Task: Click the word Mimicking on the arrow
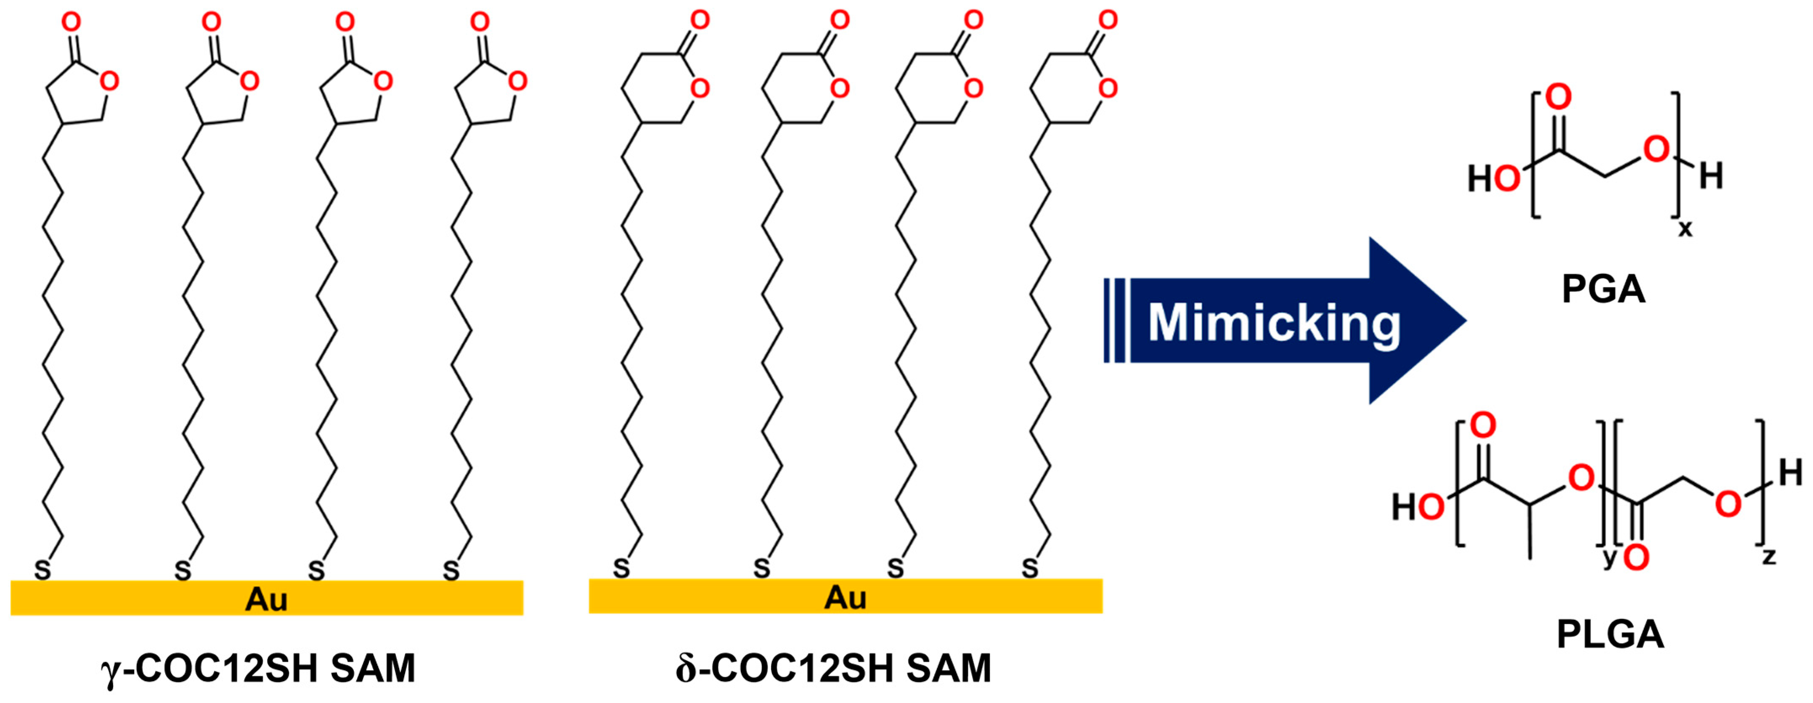[x=1274, y=322]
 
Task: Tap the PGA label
[x=1603, y=289]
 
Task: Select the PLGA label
[x=1609, y=635]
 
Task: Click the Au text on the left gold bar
[x=266, y=600]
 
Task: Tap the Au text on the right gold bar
[x=845, y=598]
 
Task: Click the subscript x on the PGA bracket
[x=1685, y=229]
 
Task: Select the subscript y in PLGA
[x=1609, y=558]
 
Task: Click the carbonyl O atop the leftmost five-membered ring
[x=71, y=23]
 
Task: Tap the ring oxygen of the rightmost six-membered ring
[x=1108, y=89]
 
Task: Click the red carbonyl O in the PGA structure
[x=1558, y=97]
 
